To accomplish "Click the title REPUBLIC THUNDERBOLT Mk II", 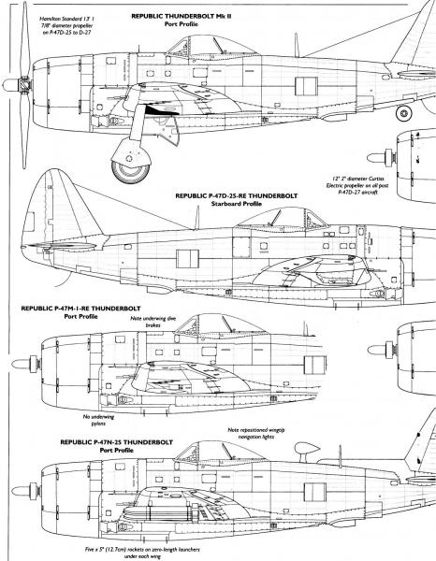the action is pos(182,16).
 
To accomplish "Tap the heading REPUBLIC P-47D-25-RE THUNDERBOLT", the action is pos(237,196).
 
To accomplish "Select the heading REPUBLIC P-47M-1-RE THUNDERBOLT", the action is pos(80,309).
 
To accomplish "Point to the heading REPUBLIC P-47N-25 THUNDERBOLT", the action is pos(116,442).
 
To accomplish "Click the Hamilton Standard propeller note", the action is pos(66,25).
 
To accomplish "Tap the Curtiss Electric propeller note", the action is pos(357,185).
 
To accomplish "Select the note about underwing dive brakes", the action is pos(153,322).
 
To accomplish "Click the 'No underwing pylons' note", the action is pos(98,420).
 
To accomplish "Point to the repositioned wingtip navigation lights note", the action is pos(256,433).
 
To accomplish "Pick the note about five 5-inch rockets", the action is pos(142,553).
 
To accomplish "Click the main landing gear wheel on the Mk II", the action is pos(130,170).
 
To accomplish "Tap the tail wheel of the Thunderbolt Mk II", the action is pos(404,113).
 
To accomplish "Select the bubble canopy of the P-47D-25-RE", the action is pos(283,218).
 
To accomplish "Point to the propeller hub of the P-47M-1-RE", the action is pos(25,365).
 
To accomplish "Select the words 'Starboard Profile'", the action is pos(237,204).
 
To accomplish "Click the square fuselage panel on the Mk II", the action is pos(307,86).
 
